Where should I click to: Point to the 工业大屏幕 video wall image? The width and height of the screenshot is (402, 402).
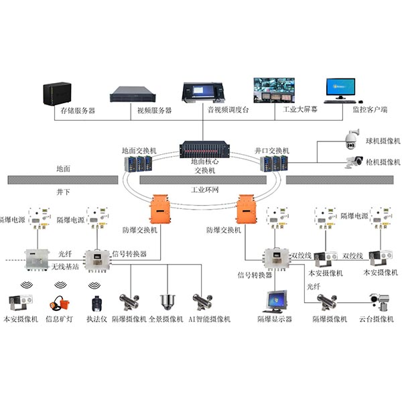click(x=280, y=90)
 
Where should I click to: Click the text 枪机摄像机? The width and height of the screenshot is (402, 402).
click(x=379, y=162)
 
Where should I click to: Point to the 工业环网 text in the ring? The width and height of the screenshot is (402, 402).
click(x=205, y=190)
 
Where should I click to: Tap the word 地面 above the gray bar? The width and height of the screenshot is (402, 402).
click(x=63, y=171)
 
